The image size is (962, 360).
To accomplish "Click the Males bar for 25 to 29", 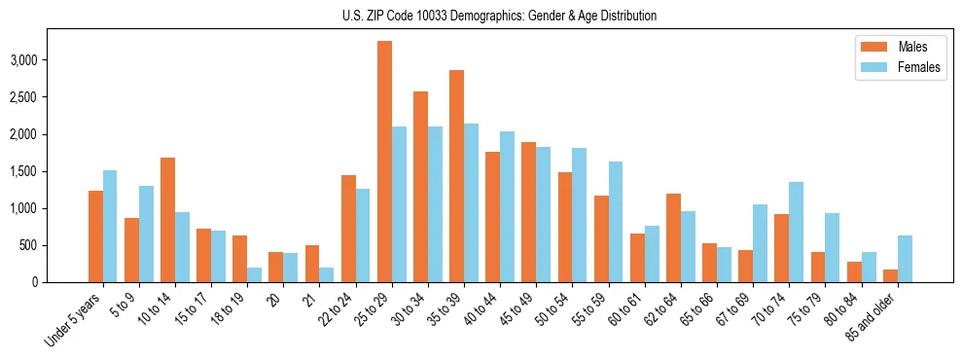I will [x=384, y=162].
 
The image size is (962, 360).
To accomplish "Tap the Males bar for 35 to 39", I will [x=456, y=176].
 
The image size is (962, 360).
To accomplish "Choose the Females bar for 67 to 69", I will [x=761, y=243].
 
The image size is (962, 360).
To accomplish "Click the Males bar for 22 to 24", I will [x=348, y=229].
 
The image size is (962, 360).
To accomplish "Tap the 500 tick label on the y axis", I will [x=28, y=245].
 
